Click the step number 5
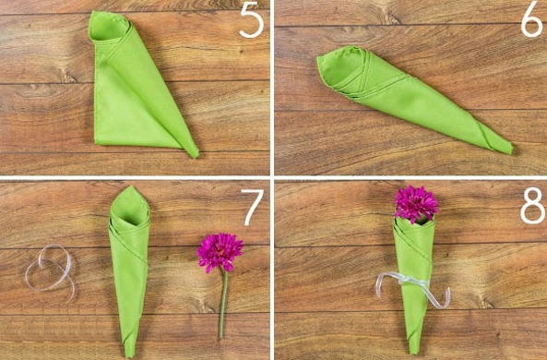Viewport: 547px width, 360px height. click(x=251, y=19)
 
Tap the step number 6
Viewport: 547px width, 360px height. click(x=532, y=19)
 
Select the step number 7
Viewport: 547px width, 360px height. click(x=253, y=207)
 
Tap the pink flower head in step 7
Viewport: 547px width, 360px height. click(x=220, y=252)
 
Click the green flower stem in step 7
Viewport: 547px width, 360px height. click(x=223, y=304)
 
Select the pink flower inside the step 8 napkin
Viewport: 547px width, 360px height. click(x=415, y=204)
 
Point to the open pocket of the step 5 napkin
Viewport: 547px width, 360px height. click(x=109, y=28)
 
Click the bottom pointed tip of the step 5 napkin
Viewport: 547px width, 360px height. click(x=196, y=155)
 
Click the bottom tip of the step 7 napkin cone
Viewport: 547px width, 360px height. click(x=129, y=354)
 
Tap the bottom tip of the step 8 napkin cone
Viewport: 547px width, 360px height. click(x=414, y=352)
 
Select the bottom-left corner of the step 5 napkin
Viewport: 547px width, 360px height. click(x=97, y=142)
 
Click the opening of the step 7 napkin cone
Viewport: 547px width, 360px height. click(x=129, y=210)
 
